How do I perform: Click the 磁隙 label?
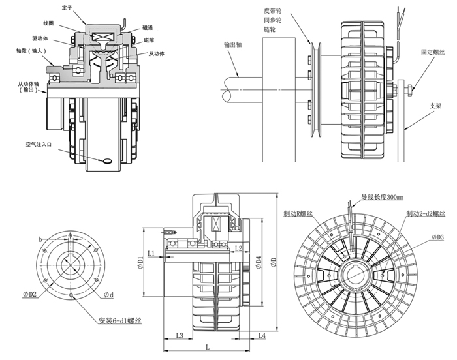click(x=149, y=40)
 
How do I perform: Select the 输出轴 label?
click(x=233, y=46)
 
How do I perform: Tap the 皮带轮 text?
click(x=275, y=11)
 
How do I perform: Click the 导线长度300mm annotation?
click(x=383, y=196)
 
